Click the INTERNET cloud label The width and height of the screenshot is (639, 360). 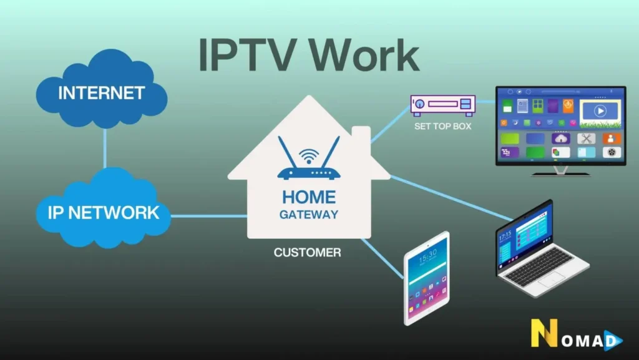102,93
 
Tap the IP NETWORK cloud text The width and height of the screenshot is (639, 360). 104,212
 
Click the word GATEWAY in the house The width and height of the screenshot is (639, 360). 309,215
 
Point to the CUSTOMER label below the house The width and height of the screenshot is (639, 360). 308,253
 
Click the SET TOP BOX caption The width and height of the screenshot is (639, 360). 442,126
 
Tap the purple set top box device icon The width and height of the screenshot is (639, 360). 442,104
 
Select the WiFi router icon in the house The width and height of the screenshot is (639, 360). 309,161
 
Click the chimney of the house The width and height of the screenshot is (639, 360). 361,139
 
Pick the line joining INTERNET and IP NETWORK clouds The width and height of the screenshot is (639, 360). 105,149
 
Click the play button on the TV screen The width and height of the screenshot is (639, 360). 600,111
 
